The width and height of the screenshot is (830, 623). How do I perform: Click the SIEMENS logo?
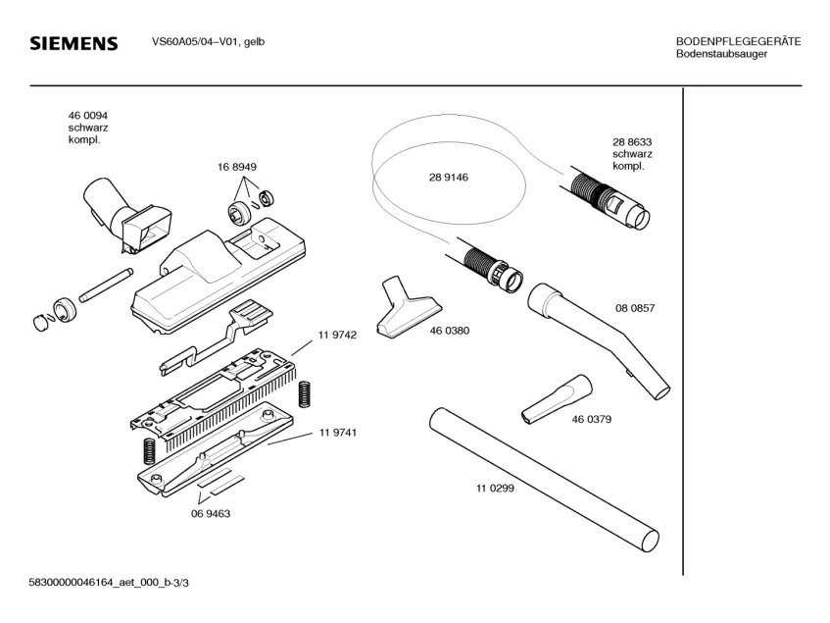[x=73, y=44]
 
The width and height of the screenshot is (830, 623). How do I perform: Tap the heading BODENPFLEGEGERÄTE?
[x=738, y=41]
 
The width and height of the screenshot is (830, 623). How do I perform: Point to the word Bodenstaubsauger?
[x=721, y=54]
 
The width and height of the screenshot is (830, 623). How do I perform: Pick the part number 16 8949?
[x=237, y=168]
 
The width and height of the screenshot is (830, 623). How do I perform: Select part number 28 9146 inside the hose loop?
[x=448, y=178]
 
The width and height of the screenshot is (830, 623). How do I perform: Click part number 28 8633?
[x=632, y=141]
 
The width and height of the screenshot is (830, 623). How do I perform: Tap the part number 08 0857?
[x=635, y=308]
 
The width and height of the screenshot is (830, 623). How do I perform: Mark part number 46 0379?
[x=591, y=420]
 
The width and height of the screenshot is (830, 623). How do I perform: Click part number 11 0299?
[x=495, y=488]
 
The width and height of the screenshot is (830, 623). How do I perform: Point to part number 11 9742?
[x=336, y=335]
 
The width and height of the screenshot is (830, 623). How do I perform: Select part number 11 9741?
[x=336, y=433]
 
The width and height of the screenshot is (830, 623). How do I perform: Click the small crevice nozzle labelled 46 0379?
[x=556, y=399]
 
